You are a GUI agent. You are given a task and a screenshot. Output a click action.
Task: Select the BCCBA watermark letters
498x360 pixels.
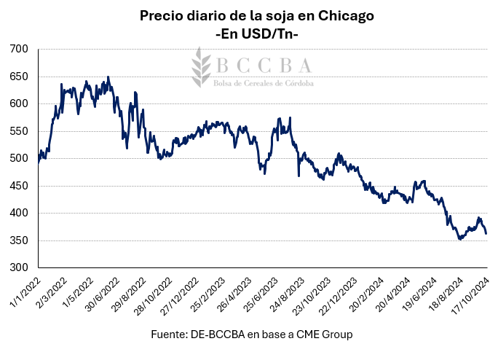pos(263,65)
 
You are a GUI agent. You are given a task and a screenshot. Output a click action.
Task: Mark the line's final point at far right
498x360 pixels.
pos(486,233)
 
